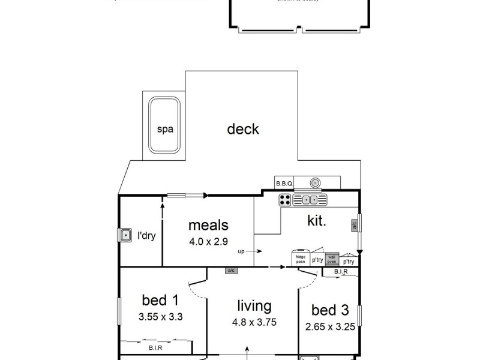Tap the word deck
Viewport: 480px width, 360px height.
pyautogui.click(x=243, y=128)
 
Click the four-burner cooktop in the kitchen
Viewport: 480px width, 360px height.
pyautogui.click(x=286, y=200)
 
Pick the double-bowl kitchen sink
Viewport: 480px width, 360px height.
pyautogui.click(x=314, y=200)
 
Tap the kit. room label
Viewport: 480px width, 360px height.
pyautogui.click(x=316, y=221)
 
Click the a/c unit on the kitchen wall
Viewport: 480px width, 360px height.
pyautogui.click(x=354, y=226)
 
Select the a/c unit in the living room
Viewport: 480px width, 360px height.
pyautogui.click(x=231, y=271)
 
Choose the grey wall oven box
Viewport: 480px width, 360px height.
pyautogui.click(x=332, y=259)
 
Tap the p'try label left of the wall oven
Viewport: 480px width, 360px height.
pyautogui.click(x=317, y=260)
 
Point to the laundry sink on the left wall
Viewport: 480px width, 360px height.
pyautogui.click(x=125, y=235)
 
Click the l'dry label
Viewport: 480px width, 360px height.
pyautogui.click(x=147, y=236)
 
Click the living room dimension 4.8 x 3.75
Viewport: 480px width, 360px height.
pyautogui.click(x=254, y=322)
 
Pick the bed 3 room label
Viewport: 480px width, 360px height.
pyautogui.click(x=329, y=311)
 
